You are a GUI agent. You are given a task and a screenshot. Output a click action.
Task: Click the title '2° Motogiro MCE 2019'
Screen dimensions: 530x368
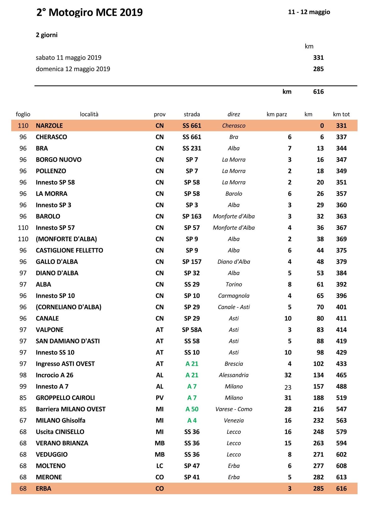pyautogui.click(x=89, y=12)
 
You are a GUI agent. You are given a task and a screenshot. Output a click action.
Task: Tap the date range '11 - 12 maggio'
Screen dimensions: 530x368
pyautogui.click(x=309, y=12)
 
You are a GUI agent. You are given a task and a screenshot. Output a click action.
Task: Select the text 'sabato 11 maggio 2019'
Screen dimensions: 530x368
pyautogui.click(x=68, y=58)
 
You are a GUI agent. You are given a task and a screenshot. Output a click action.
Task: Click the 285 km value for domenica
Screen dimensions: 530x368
pyautogui.click(x=318, y=69)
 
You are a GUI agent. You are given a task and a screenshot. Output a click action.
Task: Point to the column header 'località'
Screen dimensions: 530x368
pyautogui.click(x=89, y=114)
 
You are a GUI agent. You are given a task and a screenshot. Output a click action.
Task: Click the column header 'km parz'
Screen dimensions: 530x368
pyautogui.click(x=277, y=114)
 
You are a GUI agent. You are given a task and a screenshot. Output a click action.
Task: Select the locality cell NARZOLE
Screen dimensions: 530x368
pyautogui.click(x=49, y=126)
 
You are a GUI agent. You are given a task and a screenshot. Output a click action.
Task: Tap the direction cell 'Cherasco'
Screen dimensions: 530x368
pyautogui.click(x=234, y=126)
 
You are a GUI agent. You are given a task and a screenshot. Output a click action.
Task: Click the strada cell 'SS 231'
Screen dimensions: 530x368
pyautogui.click(x=192, y=148)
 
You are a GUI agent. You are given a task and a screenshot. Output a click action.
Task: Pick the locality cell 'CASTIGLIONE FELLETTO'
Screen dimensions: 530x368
pyautogui.click(x=69, y=250)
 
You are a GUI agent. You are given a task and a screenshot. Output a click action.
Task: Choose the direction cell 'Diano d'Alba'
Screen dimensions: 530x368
pyautogui.click(x=234, y=262)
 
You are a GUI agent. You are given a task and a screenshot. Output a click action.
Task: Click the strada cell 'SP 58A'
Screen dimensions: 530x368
pyautogui.click(x=192, y=330)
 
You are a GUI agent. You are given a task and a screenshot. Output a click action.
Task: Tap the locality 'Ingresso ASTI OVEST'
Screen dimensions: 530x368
pyautogui.click(x=65, y=364)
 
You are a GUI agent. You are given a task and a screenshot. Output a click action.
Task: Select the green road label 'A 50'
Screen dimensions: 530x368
pyautogui.click(x=192, y=409)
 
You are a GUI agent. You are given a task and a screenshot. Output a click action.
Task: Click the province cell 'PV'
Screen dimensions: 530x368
pyautogui.click(x=159, y=398)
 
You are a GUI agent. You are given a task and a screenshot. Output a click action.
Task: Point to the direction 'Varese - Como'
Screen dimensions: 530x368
pyautogui.click(x=234, y=409)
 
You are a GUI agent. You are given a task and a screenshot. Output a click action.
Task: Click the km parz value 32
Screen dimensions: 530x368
pyautogui.click(x=288, y=375)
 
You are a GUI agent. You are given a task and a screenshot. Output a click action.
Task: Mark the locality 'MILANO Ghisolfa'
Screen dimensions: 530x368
pyautogui.click(x=61, y=420)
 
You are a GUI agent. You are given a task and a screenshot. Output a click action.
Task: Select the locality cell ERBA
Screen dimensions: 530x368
pyautogui.click(x=43, y=488)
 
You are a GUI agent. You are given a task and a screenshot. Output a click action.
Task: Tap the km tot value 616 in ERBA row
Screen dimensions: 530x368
pyautogui.click(x=341, y=488)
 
